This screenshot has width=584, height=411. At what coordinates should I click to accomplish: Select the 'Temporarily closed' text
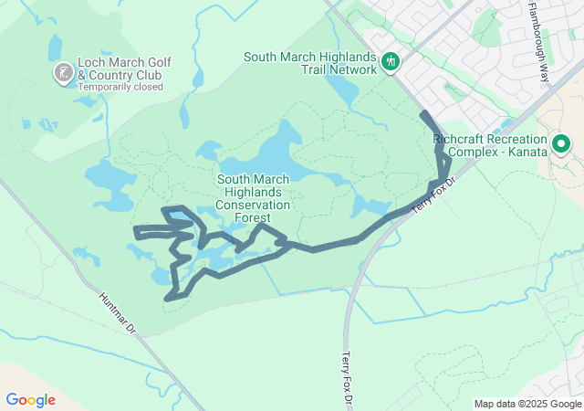pos(120,88)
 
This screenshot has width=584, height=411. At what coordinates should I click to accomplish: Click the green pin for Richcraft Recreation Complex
pos(561,143)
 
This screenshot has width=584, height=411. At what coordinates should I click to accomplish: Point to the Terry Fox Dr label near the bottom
pos(347,378)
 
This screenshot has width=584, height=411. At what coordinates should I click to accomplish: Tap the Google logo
pos(30,400)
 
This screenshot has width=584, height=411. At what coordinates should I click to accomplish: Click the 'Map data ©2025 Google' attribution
pos(528,404)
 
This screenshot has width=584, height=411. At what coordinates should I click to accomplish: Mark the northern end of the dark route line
pos(423,113)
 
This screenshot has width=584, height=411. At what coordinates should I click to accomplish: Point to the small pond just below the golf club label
pos(89,101)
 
